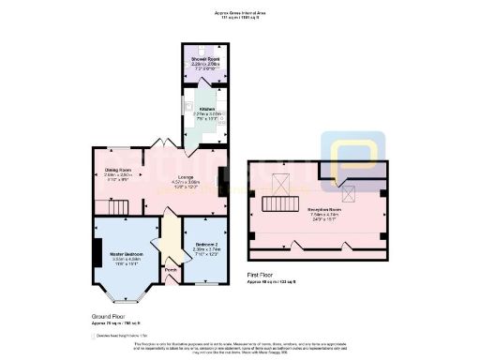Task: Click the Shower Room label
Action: click(200, 57)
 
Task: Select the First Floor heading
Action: click(260, 276)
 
